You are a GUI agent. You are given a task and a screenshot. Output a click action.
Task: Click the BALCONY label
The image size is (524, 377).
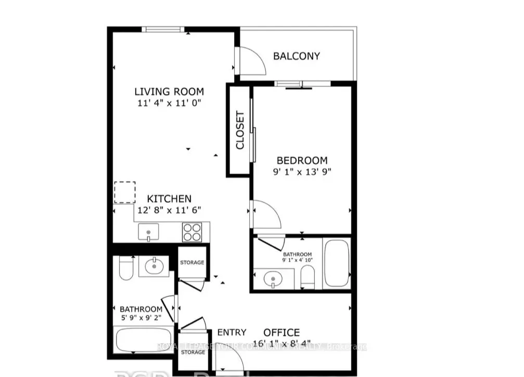[297, 56]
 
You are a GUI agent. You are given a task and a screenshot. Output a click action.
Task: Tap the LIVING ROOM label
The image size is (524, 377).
[169, 92]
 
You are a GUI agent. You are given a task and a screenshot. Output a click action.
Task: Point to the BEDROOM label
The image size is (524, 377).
[302, 161]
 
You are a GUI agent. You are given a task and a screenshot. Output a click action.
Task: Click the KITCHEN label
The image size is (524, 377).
[169, 199]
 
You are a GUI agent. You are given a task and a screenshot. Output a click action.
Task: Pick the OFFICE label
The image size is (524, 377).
[281, 333]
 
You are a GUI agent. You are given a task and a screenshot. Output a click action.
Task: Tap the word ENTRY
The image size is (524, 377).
[232, 333]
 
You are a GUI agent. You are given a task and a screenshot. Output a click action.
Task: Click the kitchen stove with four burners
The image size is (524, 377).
[191, 231]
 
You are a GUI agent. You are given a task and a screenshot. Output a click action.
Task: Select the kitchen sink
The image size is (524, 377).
[148, 231]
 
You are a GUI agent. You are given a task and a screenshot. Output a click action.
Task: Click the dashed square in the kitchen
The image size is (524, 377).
[124, 192]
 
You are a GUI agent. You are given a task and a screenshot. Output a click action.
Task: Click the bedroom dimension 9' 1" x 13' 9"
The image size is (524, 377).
[302, 172]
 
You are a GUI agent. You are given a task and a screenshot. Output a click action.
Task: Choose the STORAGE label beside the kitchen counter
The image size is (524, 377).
[192, 263]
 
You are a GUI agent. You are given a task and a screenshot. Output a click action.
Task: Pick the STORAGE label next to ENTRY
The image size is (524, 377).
[192, 352]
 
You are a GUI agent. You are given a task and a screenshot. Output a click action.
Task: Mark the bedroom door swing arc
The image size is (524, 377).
[267, 214]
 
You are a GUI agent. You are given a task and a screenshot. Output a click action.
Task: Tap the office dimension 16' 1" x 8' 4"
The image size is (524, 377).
[281, 344]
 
